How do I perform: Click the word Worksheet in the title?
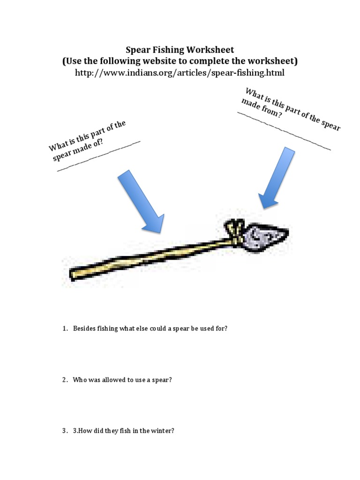pyautogui.click(x=208, y=49)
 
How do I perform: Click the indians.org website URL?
pyautogui.click(x=180, y=73)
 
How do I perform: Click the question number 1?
pyautogui.click(x=65, y=329)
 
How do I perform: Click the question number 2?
pyautogui.click(x=65, y=380)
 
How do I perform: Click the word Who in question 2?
pyautogui.click(x=79, y=380)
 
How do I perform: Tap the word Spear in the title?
pyautogui.click(x=136, y=49)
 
